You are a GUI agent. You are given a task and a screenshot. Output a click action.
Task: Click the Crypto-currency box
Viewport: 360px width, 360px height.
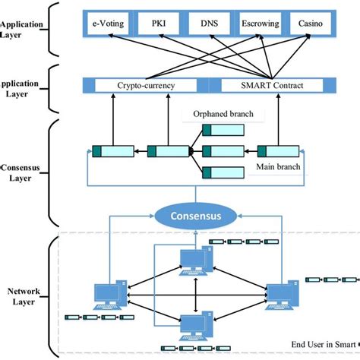[x=145, y=86]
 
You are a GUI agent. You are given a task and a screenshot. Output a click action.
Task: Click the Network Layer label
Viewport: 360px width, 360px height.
[x=22, y=295]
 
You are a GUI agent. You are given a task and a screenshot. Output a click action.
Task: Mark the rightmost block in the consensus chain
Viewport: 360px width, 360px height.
[x=276, y=150]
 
